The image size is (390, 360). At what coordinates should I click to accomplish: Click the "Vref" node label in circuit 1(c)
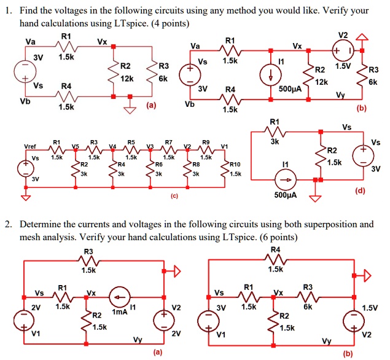30,147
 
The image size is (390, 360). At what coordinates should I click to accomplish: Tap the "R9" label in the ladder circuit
205,142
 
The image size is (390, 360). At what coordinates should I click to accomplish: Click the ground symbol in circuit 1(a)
130,110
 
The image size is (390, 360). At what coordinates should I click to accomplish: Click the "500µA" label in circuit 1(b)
289,88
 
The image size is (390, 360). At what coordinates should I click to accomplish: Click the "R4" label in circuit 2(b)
275,249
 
